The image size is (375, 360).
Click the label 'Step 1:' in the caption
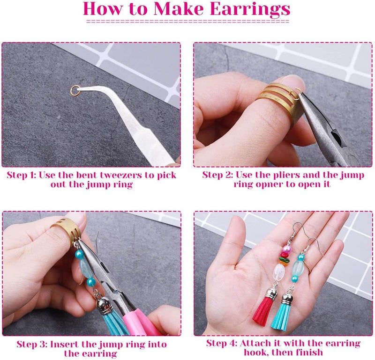coord(21,175)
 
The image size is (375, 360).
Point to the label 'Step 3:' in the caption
coord(32,345)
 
